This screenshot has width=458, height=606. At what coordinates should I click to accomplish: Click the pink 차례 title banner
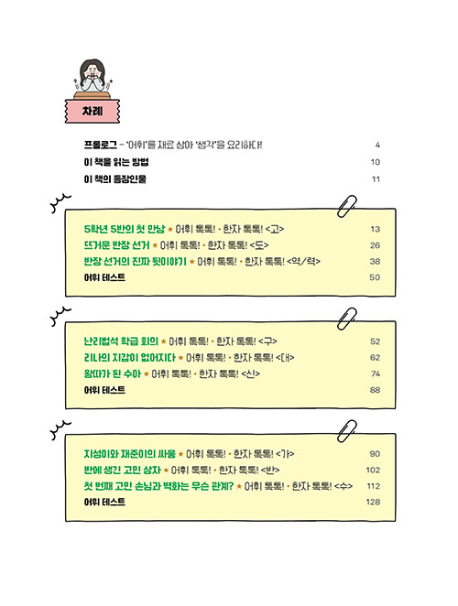pyautogui.click(x=93, y=112)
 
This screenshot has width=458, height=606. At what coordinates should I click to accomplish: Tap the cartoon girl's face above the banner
pyautogui.click(x=93, y=72)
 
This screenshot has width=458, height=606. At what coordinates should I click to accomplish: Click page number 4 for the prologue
pyautogui.click(x=377, y=145)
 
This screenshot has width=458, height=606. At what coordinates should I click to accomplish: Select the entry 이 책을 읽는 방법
pyautogui.click(x=116, y=162)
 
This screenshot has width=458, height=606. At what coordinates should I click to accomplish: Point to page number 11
pyautogui.click(x=376, y=179)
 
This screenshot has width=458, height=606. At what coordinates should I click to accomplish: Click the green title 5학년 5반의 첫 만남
pyautogui.click(x=125, y=229)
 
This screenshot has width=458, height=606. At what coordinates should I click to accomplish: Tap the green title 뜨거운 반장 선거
pyautogui.click(x=116, y=245)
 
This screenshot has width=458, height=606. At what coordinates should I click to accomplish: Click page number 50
pyautogui.click(x=375, y=277)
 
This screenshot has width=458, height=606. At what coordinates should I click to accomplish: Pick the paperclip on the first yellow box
pyautogui.click(x=346, y=206)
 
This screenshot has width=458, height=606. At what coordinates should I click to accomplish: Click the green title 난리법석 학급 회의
pyautogui.click(x=121, y=341)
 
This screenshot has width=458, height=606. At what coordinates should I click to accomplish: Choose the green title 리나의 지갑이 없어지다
pyautogui.click(x=129, y=358)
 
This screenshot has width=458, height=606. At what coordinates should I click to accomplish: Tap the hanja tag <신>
pyautogui.click(x=250, y=373)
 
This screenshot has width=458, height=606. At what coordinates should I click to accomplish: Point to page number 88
pyautogui.click(x=375, y=390)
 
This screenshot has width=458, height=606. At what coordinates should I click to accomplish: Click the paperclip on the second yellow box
pyautogui.click(x=346, y=319)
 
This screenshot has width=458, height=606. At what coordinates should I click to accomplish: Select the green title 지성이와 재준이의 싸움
pyautogui.click(x=129, y=454)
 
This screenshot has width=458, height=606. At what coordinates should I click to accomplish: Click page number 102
pyautogui.click(x=374, y=470)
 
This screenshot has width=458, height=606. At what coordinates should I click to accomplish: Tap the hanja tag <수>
pyautogui.click(x=343, y=486)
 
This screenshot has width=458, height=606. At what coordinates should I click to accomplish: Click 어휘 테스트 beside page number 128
pyautogui.click(x=104, y=502)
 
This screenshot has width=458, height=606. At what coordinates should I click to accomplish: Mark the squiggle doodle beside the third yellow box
pyautogui.click(x=60, y=430)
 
